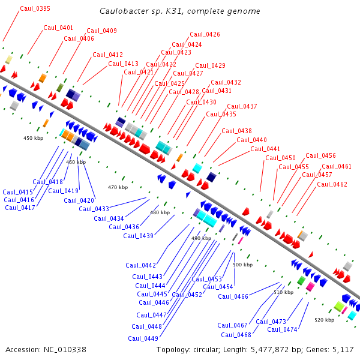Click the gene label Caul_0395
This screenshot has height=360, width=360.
[35, 9]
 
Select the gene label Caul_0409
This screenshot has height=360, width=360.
[101, 31]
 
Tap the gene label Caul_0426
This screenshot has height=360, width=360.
[205, 35]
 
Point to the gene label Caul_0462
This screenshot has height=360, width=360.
[332, 185]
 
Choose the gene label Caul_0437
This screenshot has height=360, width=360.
[242, 107]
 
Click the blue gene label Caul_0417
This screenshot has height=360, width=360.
[20, 208]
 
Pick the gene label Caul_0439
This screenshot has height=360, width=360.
[139, 236]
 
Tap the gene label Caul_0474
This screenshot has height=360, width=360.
[282, 329]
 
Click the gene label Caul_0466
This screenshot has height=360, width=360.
[233, 296]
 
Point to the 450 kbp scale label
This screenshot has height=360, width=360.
[33, 139]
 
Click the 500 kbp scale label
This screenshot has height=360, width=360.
[242, 265]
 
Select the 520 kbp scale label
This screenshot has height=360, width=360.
[324, 320]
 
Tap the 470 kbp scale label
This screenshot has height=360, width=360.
[118, 188]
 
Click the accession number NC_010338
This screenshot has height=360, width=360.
[65, 349]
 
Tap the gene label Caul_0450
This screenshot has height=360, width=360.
[280, 158]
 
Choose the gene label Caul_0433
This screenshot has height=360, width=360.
[94, 209]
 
